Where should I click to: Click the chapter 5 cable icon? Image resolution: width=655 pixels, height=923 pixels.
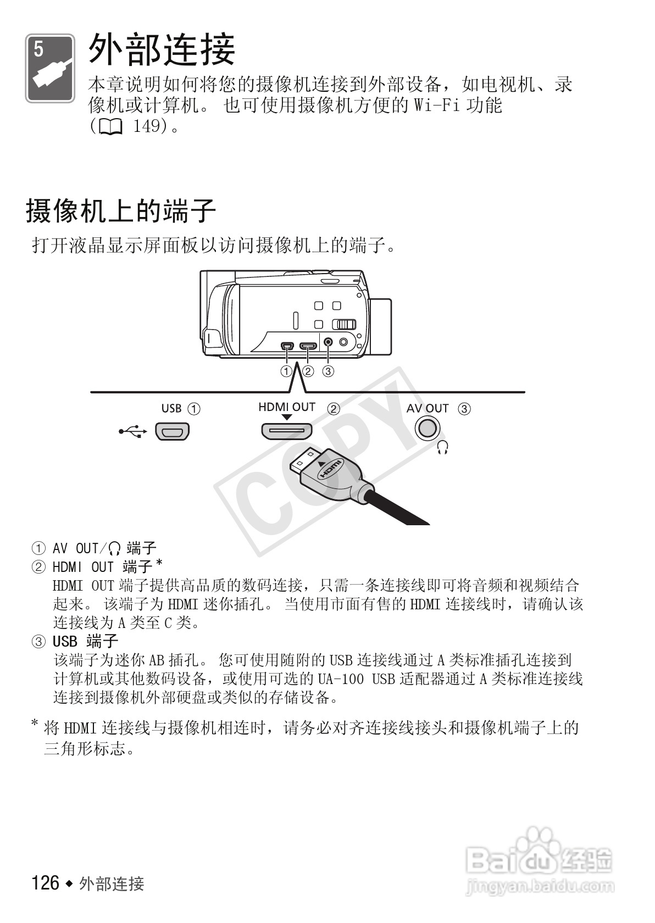[x=50, y=69]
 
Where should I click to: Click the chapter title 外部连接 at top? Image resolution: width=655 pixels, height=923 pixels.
[x=162, y=49]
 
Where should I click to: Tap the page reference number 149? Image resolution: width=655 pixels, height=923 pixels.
[x=149, y=127]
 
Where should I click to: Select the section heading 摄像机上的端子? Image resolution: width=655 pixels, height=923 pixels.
[x=121, y=210]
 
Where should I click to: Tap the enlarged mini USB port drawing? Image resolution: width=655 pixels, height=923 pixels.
[x=172, y=431]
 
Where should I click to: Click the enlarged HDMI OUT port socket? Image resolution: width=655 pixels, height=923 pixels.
[x=286, y=431]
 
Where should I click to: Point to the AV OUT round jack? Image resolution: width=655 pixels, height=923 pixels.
[x=427, y=428]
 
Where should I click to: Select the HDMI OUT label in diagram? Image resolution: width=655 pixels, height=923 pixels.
[x=287, y=407]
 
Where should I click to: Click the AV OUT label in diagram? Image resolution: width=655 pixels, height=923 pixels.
[x=427, y=408]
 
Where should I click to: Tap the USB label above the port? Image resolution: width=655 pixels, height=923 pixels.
[x=171, y=408]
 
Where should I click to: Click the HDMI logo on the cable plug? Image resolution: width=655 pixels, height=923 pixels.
[x=330, y=470]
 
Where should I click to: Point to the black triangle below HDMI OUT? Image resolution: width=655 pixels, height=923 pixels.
[x=286, y=418]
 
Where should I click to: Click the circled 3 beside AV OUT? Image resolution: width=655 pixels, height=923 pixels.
[x=464, y=409]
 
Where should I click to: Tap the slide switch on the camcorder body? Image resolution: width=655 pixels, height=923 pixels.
[x=346, y=325]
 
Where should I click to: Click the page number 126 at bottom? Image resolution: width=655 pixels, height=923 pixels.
[x=46, y=883]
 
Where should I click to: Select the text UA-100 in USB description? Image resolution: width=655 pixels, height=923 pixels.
[x=341, y=679]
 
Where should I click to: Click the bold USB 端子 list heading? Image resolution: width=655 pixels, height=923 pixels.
[x=85, y=641]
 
